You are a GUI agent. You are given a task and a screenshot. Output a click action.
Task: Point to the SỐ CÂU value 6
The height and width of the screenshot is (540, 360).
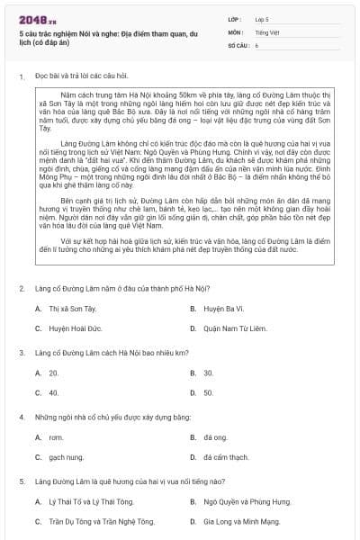click(256, 44)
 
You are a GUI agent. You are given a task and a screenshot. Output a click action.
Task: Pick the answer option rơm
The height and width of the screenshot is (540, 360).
click(55, 437)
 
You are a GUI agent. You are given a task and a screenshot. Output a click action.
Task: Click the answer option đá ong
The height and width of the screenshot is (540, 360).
click(214, 437)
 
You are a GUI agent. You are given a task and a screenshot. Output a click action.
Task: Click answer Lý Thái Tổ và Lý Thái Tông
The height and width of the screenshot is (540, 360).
click(85, 501)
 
